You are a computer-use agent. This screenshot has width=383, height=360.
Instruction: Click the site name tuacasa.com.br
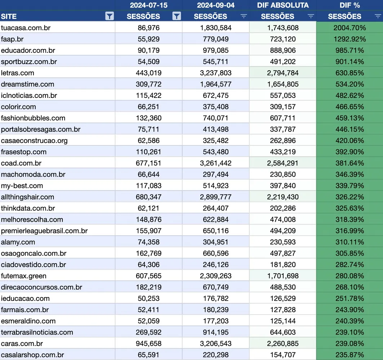[x=26, y=28]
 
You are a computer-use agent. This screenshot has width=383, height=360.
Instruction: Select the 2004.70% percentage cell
[x=349, y=28]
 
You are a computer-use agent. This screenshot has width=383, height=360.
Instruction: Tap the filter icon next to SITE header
[x=110, y=16]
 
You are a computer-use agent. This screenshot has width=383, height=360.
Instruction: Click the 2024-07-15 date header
[x=148, y=5]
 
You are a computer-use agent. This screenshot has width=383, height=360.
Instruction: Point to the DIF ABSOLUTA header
[x=282, y=5]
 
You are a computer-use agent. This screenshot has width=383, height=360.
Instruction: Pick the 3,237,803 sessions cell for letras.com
[x=215, y=73]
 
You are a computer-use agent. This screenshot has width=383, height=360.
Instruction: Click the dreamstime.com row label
[x=27, y=84]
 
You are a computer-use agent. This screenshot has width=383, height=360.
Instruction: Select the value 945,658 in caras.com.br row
[x=148, y=343]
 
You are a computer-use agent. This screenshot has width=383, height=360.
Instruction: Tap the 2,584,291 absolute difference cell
[x=282, y=163]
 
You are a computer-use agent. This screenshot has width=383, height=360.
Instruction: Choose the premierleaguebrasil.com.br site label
[x=44, y=231]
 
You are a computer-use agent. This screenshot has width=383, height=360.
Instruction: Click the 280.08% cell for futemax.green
[x=349, y=276]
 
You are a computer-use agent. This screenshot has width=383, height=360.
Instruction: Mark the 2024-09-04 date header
[x=215, y=5]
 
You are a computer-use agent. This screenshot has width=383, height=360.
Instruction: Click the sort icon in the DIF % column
[x=378, y=16]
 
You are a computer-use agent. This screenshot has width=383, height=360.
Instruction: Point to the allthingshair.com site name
[x=27, y=197]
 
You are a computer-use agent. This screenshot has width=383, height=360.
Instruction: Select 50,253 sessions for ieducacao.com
[x=148, y=298]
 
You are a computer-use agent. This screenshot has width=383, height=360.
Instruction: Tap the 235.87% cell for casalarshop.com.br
[x=349, y=355]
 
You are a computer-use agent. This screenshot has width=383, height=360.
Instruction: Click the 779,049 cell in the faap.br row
[x=215, y=39]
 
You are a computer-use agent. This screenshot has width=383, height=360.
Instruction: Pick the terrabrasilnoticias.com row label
[x=37, y=332]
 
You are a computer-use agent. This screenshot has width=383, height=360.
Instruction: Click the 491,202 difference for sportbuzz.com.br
[x=282, y=62]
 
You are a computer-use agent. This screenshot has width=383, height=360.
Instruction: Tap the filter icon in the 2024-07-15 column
[x=177, y=16]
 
